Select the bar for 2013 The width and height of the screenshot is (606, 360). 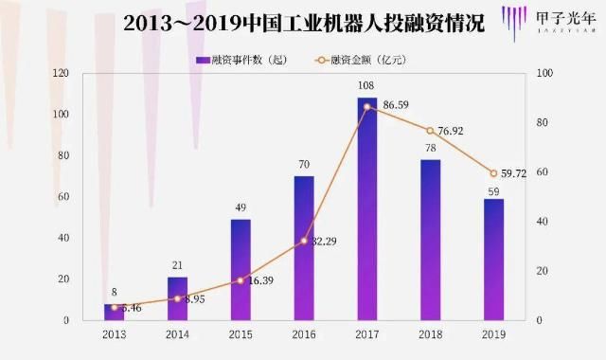pyautogui.click(x=115, y=312)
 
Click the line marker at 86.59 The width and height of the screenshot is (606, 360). pyautogui.click(x=366, y=106)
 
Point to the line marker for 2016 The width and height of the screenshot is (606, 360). pyautogui.click(x=304, y=241)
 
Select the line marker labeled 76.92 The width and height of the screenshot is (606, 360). pyautogui.click(x=430, y=131)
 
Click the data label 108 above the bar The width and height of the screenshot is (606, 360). pyautogui.click(x=366, y=87)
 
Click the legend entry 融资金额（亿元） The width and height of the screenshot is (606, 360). pyautogui.click(x=360, y=60)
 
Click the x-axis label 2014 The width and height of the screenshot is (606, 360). pyautogui.click(x=177, y=334)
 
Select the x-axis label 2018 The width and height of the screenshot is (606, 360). pyautogui.click(x=430, y=334)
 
